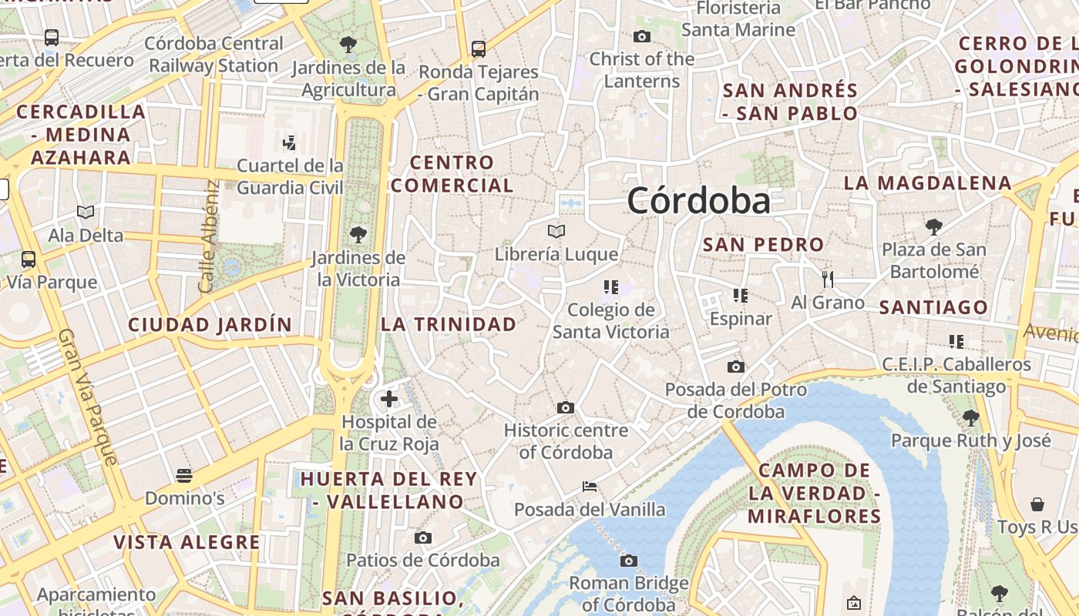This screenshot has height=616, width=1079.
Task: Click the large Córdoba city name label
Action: point(698,201)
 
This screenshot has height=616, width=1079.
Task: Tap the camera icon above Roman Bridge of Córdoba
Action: point(629,561)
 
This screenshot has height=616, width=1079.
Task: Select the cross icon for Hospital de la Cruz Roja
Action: point(389,399)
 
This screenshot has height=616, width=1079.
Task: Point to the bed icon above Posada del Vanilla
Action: point(590,487)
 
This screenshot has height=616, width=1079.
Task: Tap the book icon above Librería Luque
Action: point(556,231)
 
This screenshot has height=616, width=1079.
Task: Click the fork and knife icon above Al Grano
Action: point(828,279)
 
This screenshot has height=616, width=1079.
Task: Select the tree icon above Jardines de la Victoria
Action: point(358,235)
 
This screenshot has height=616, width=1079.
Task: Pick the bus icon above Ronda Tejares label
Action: point(479,49)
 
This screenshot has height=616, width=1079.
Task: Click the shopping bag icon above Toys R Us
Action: point(1037,504)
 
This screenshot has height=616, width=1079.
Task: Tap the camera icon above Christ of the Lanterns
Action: point(641,36)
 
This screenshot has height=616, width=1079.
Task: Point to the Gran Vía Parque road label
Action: point(88,397)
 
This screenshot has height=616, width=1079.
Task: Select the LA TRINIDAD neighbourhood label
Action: point(449,324)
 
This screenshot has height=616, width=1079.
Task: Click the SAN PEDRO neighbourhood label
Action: point(764,245)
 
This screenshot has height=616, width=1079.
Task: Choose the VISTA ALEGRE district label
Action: point(187,542)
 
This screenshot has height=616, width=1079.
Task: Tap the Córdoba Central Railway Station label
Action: point(213,55)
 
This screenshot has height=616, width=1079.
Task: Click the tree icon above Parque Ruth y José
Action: point(970,418)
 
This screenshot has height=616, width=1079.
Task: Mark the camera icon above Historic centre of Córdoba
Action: point(566,407)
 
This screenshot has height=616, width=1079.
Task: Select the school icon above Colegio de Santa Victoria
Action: point(611,287)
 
